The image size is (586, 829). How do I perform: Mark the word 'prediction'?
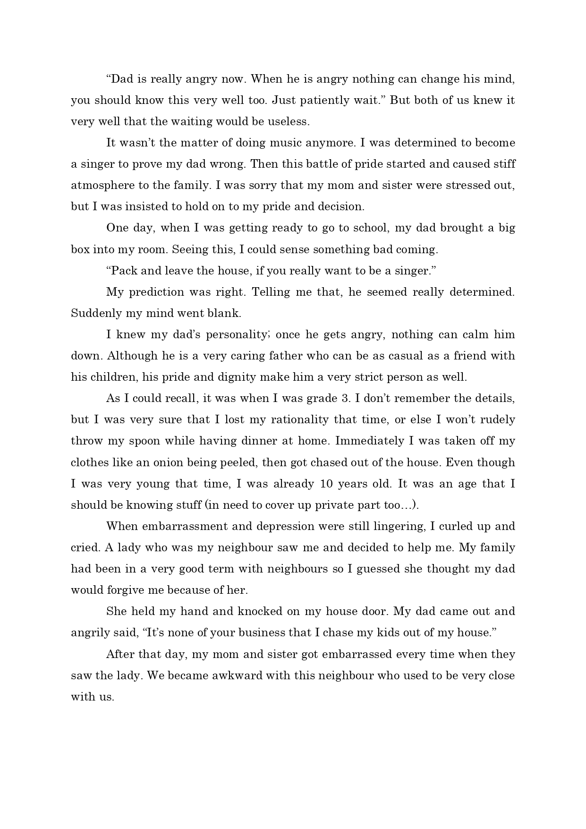[x=156, y=292]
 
